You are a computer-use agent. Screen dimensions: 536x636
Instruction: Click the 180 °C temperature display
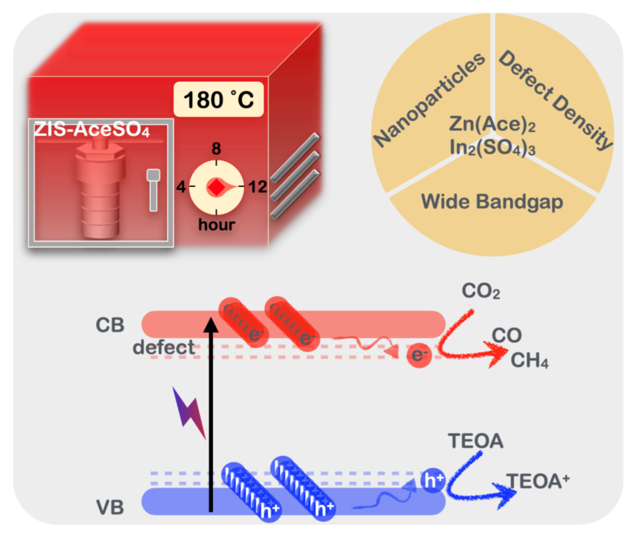tap(219, 99)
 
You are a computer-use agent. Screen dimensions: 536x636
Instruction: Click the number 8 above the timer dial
tap(216, 149)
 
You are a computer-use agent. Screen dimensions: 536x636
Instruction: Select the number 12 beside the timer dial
tap(258, 187)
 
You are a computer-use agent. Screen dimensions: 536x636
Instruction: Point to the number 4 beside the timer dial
tap(181, 187)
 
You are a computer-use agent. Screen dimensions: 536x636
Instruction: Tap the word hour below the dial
tap(216, 224)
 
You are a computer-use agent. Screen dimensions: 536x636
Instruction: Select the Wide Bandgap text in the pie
tap(492, 202)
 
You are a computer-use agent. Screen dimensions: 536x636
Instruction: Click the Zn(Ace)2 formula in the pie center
tap(492, 124)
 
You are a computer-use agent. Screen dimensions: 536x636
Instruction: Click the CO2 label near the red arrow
tap(480, 291)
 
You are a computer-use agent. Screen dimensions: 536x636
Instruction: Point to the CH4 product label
tap(529, 360)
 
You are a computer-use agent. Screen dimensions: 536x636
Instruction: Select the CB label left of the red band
tap(110, 325)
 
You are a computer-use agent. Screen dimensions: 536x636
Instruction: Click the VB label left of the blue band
tap(110, 507)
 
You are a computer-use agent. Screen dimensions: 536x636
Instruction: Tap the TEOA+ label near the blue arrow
tap(537, 481)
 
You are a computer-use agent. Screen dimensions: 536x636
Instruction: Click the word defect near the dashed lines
tap(164, 348)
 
